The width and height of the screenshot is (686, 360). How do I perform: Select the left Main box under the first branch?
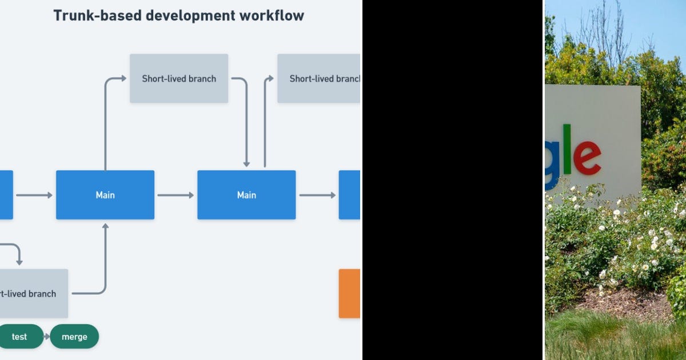(x=105, y=195)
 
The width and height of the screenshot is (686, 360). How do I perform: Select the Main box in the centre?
(x=246, y=195)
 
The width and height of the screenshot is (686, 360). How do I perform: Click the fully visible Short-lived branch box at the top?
(x=179, y=78)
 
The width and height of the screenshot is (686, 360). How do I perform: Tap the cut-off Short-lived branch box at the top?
(x=319, y=78)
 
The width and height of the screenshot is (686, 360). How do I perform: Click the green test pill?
(x=20, y=337)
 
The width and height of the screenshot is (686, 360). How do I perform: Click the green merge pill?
(x=74, y=337)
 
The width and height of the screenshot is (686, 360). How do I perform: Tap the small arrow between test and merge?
(x=47, y=337)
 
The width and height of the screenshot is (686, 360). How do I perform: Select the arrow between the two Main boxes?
(x=176, y=195)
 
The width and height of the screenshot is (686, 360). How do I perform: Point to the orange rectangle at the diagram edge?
(x=349, y=293)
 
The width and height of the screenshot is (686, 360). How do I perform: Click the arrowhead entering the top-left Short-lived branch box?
(x=123, y=78)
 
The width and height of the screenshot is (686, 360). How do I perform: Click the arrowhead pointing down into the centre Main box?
(x=246, y=163)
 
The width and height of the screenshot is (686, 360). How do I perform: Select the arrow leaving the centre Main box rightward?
(x=317, y=195)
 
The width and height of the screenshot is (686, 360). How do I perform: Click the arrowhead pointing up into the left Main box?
(x=105, y=226)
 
